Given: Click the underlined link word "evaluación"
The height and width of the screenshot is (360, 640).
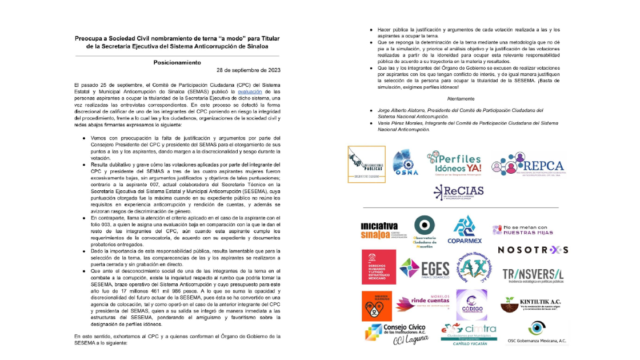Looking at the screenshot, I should [x=250, y=91].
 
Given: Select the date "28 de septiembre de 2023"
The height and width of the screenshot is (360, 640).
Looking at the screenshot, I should [x=249, y=70].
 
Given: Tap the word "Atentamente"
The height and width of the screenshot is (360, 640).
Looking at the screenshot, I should [x=465, y=98].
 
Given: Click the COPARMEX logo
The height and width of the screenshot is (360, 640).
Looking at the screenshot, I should [x=464, y=230].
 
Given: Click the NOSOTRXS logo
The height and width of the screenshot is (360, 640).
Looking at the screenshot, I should [x=533, y=250].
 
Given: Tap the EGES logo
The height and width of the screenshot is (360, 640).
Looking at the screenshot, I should [x=424, y=269].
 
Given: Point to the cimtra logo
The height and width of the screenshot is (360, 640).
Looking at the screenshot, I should [x=469, y=333].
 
